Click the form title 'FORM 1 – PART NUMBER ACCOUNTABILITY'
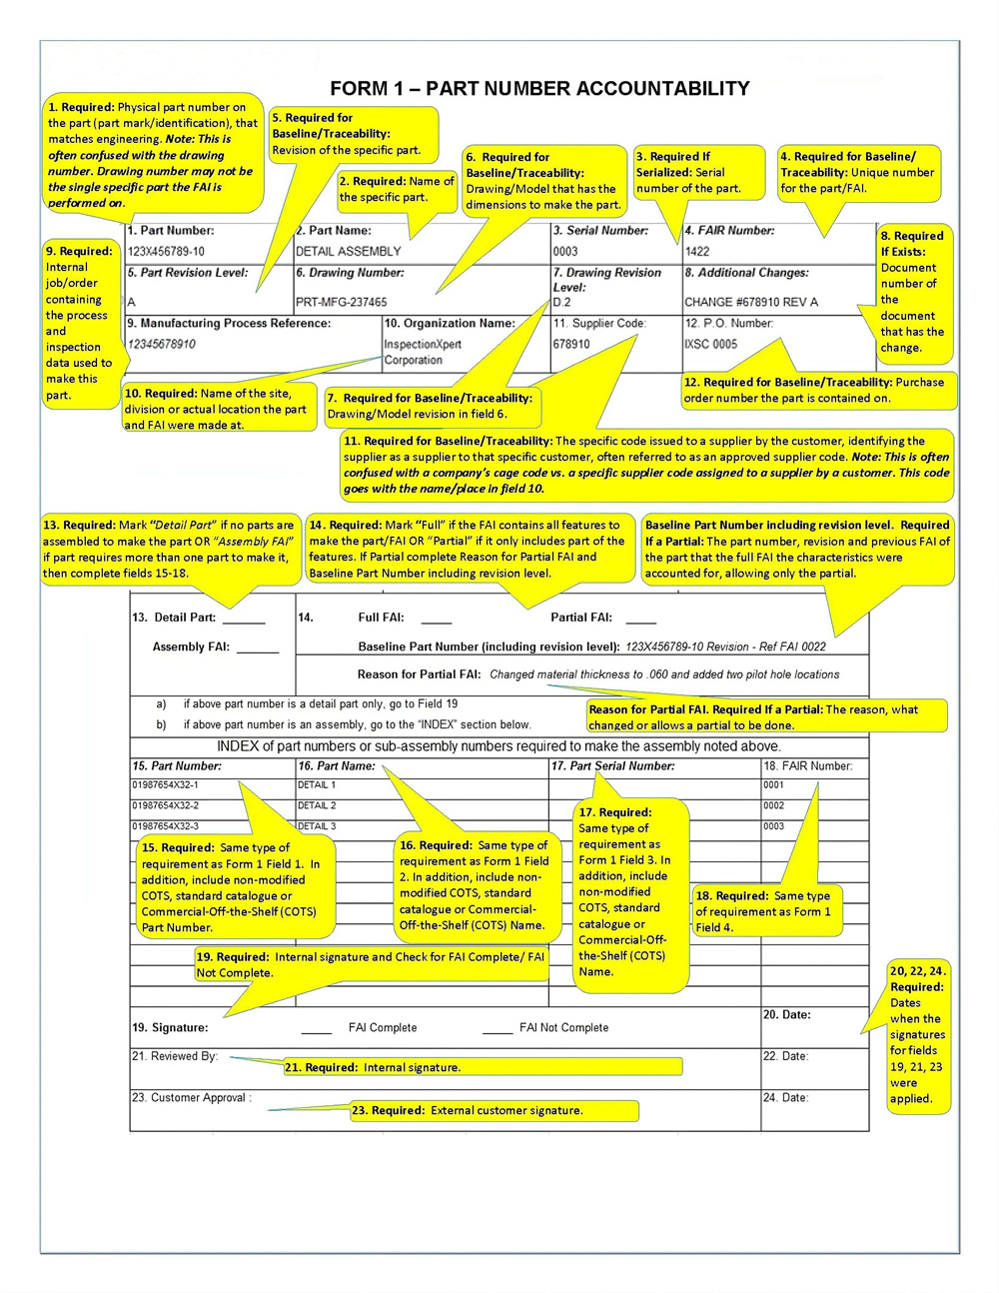coord(539,88)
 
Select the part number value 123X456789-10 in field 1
coord(167,251)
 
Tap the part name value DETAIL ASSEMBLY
coord(349,251)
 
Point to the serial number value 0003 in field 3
coord(565,251)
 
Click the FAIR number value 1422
coord(697,251)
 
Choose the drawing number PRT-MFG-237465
coord(342,302)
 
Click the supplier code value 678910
coord(571,344)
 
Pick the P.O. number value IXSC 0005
coord(711,344)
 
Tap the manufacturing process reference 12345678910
coord(162,344)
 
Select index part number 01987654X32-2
coord(166,805)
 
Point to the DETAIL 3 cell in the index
coord(317,826)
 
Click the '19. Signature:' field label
coord(170,1027)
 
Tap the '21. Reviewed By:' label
coord(175,1056)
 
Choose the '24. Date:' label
coord(786,1097)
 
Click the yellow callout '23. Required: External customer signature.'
coord(494,1110)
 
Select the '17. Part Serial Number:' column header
coord(613,766)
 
